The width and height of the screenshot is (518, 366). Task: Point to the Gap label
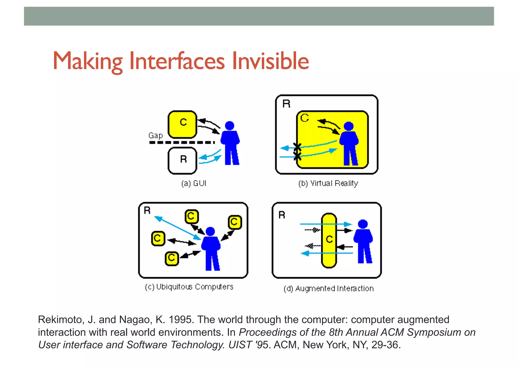tap(155, 136)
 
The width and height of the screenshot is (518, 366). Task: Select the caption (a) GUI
tap(194, 183)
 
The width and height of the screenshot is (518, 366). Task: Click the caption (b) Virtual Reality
tap(328, 183)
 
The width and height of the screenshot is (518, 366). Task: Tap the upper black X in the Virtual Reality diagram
tap(297, 146)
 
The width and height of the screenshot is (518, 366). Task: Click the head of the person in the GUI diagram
tap(229, 126)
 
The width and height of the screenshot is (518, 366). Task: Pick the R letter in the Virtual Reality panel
tap(286, 104)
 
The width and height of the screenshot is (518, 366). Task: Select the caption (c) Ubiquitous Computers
tap(189, 287)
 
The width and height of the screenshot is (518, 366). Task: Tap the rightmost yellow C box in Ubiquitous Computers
tap(235, 222)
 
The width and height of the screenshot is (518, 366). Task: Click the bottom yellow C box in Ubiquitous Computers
tap(172, 258)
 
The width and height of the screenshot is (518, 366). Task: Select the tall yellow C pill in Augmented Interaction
tap(329, 240)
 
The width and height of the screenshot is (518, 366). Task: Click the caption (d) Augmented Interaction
tap(328, 289)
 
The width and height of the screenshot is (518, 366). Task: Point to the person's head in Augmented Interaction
tap(363, 224)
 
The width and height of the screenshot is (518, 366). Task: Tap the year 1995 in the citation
tap(181, 320)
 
